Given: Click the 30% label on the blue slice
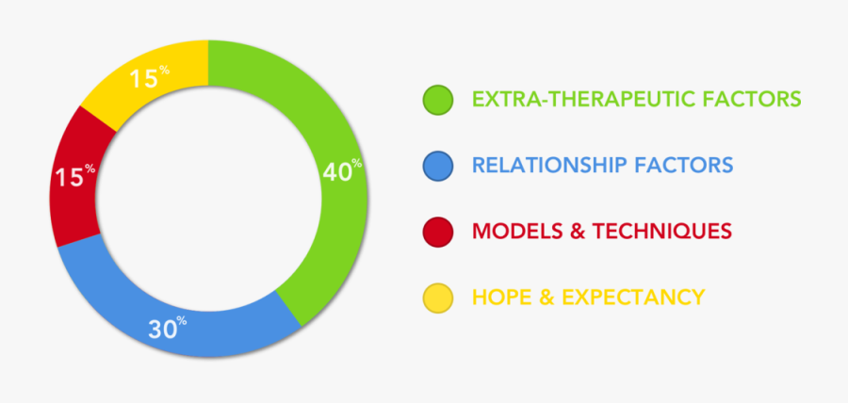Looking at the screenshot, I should click(x=168, y=329).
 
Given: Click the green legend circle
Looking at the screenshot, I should click(x=438, y=100).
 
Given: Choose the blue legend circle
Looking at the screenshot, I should click(x=438, y=166).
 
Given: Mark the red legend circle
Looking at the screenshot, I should click(x=438, y=232).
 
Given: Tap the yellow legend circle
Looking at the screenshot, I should click(x=438, y=298).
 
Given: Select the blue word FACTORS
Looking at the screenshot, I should click(x=684, y=166).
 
